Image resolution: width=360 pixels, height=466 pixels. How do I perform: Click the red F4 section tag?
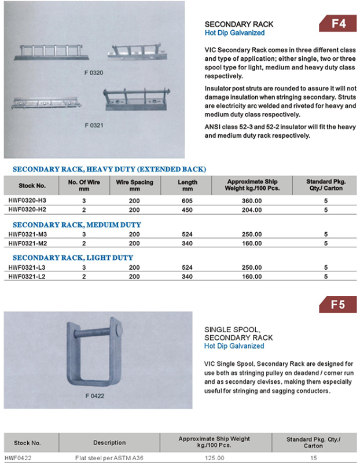pos(338,24)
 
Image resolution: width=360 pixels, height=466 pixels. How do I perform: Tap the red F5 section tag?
pos(338,304)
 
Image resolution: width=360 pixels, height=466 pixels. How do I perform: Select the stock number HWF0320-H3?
pos(27,200)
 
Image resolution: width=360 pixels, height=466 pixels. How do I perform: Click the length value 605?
pos(187,200)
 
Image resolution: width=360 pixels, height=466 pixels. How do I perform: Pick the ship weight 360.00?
pos(252,200)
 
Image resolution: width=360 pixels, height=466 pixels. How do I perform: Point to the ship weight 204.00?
pos(252,209)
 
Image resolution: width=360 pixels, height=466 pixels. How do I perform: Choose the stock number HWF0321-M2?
pos(27,243)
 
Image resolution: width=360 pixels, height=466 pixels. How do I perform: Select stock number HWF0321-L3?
pos(27,267)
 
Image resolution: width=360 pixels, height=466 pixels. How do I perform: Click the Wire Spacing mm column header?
pos(134,185)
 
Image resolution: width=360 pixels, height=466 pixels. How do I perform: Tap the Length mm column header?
pos(187,185)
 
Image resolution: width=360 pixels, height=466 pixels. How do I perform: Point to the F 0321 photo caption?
pos(93,124)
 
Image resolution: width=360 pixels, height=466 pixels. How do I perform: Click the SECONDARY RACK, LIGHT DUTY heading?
pos(73,258)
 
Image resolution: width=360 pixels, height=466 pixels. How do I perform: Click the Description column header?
pos(109,443)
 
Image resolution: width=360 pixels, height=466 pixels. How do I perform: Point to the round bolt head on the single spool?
pos(118,331)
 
